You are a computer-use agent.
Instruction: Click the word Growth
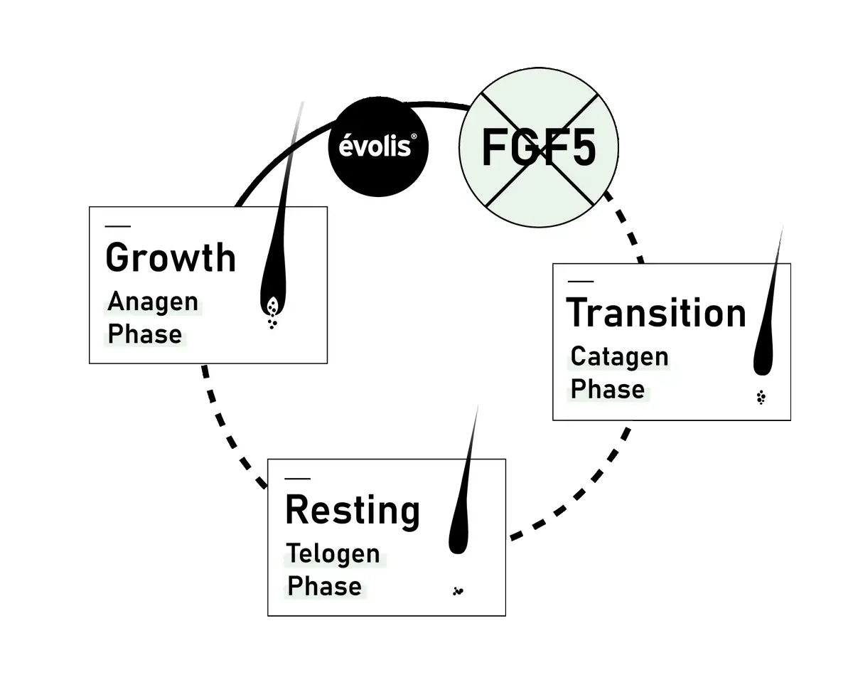coord(171,257)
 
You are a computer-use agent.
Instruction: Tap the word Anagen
coord(153,302)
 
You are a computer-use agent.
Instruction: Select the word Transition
coord(656,313)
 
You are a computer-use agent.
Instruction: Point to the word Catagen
coord(619,356)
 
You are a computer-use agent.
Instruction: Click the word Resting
coord(353,510)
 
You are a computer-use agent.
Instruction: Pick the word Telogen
coord(333,553)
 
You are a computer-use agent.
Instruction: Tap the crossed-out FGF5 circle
coord(538,149)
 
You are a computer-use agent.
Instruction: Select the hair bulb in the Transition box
coord(763,359)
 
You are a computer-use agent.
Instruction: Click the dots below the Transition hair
coord(761,398)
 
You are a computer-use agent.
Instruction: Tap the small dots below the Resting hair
coord(458,590)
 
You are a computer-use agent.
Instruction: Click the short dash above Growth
coord(118,226)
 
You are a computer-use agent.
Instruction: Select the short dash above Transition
coord(581,282)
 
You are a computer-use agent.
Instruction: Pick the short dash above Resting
coord(296,478)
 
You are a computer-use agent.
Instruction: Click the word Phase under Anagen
coord(145,334)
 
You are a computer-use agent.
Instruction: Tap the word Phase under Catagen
coord(608,389)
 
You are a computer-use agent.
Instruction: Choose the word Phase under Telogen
coord(324,586)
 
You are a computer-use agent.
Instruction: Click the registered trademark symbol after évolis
coord(404,139)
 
